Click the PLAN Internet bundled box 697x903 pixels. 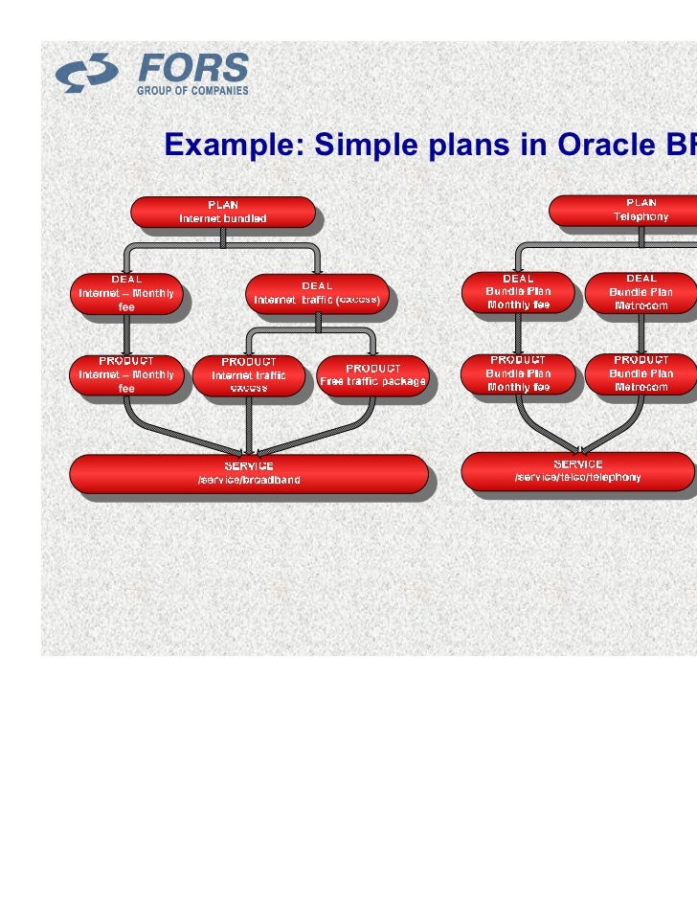click(x=222, y=212)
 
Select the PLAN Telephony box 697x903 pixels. click(x=632, y=210)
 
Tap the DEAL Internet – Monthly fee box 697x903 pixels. click(x=126, y=293)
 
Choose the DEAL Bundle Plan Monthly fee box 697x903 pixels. click(x=518, y=292)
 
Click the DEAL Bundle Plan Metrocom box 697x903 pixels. click(x=641, y=292)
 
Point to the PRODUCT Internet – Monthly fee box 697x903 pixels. click(x=126, y=374)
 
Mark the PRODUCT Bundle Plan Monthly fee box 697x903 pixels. click(x=518, y=373)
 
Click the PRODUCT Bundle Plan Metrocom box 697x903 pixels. click(x=641, y=373)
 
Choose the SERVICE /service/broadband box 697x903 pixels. click(x=248, y=473)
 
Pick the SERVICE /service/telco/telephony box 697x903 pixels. click(x=578, y=470)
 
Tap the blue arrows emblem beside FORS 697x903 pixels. click(x=87, y=74)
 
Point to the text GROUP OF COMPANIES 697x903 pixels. click(x=192, y=91)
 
